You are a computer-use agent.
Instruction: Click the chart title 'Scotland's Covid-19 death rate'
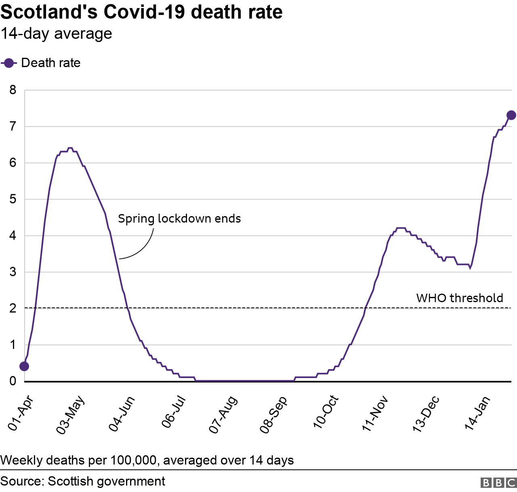click(x=141, y=12)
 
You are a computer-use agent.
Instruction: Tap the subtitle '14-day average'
click(x=56, y=34)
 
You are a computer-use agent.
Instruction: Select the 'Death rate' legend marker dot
click(x=8, y=63)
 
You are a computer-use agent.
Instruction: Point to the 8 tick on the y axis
click(x=13, y=90)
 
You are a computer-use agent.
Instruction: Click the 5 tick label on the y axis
click(x=13, y=199)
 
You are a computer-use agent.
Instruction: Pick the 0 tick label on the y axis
click(x=13, y=381)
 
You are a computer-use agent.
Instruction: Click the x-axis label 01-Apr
click(x=21, y=414)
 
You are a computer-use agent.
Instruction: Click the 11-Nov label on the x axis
click(x=375, y=414)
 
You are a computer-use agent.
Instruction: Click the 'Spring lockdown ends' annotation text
click(x=179, y=219)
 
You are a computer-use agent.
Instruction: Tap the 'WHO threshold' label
click(x=460, y=298)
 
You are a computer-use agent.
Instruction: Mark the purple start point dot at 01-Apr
click(x=24, y=366)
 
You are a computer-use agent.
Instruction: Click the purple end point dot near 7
click(x=511, y=115)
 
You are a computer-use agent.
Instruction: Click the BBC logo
click(x=498, y=482)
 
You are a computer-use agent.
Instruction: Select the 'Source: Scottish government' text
click(x=83, y=481)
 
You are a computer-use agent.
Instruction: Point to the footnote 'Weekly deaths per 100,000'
click(x=147, y=460)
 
